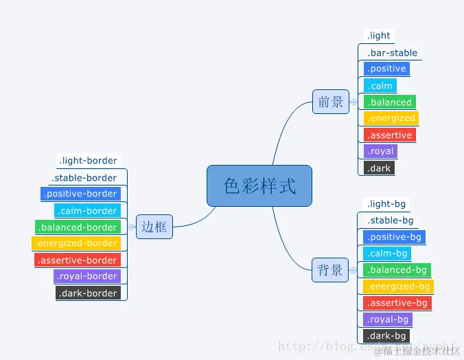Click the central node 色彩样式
coord(259,185)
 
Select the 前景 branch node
coord(330,102)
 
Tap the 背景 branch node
coord(330,270)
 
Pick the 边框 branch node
coord(154,227)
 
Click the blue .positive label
coord(386,69)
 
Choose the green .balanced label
coord(389,102)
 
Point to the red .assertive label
coord(389,135)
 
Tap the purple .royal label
coord(380,151)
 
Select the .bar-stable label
coord(392,52)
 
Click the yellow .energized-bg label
coord(398,286)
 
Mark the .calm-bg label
coord(387,254)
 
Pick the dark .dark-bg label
coord(387,336)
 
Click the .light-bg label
coord(387,204)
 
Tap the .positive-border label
coord(80,194)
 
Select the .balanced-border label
coord(78,227)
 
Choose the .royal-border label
coord(87,276)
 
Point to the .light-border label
coord(89,161)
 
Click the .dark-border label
coord(89,293)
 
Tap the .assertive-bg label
coord(397,303)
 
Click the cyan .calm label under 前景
coord(380,86)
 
